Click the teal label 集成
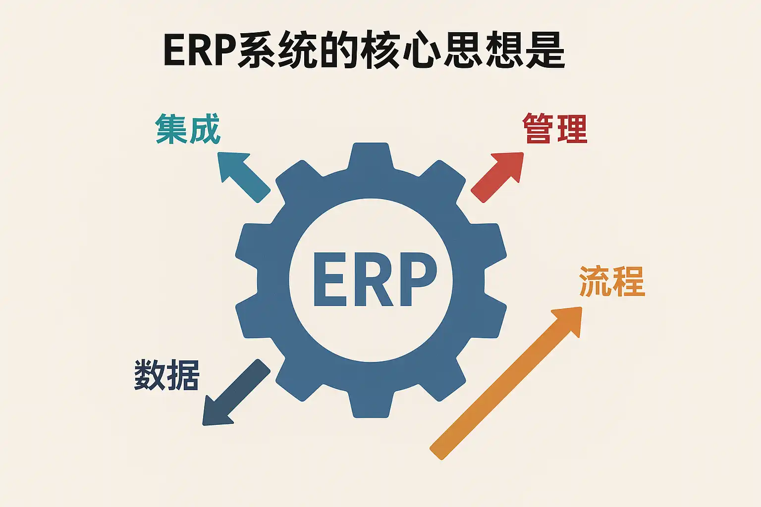(x=188, y=129)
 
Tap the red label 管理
(x=555, y=129)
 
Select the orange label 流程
(x=612, y=281)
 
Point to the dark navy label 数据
(x=167, y=375)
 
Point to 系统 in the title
(x=277, y=51)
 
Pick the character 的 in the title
(x=339, y=51)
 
